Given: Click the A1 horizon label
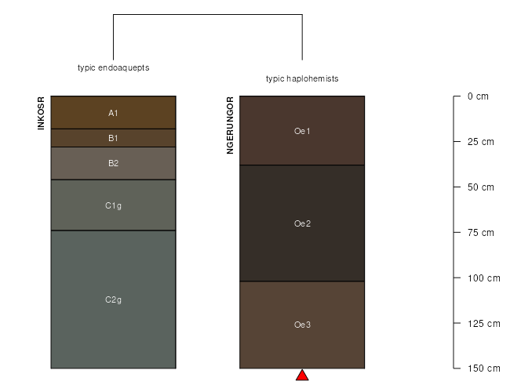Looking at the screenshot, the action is coord(113,113).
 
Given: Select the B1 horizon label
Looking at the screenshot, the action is coord(113,138).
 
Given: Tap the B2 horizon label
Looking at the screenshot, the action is coord(113,163).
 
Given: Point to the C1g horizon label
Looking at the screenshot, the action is coord(113,205).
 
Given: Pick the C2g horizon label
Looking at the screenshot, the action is coord(113,299).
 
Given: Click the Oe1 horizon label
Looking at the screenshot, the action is coord(302,131).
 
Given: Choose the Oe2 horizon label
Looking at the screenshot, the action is coord(302,223).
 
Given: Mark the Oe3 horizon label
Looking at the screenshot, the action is coord(302,325).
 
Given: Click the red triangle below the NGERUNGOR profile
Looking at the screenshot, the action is coord(302,375).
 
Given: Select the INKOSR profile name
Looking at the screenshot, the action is coord(41,113).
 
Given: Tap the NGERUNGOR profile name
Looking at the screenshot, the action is coord(230,125).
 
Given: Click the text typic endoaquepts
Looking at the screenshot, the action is coord(114,68).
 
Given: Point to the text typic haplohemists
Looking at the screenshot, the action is coord(302,79).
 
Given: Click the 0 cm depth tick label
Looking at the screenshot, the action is coord(478,96).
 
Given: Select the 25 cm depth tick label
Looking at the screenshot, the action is coord(481,142).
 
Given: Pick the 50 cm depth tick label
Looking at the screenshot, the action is coord(481,187).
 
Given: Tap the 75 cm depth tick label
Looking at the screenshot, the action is coord(481,233).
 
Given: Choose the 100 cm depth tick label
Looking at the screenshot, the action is coord(484,278).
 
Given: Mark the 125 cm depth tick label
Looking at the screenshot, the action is coord(484,324).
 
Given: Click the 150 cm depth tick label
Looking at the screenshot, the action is coord(484,368).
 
